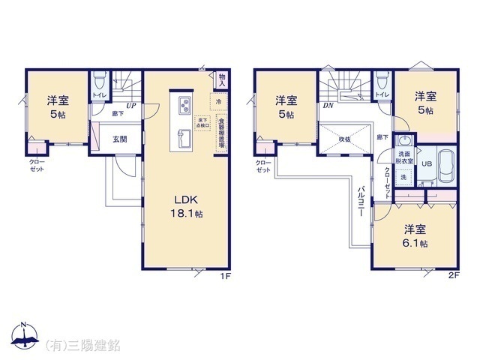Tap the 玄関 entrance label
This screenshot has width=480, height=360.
(120, 139)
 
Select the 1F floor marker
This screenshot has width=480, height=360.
(223, 277)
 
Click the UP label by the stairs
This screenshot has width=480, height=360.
(131, 106)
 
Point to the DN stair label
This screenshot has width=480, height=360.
(328, 106)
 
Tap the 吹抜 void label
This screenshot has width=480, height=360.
(344, 138)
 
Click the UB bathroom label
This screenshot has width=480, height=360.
(426, 165)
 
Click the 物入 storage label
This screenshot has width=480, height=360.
(222, 78)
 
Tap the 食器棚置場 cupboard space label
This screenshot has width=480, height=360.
(222, 133)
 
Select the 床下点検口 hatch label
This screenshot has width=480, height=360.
(202, 122)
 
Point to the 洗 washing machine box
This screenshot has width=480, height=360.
(403, 177)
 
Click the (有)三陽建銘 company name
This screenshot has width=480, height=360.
(83, 345)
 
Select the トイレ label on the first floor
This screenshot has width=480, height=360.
(98, 95)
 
